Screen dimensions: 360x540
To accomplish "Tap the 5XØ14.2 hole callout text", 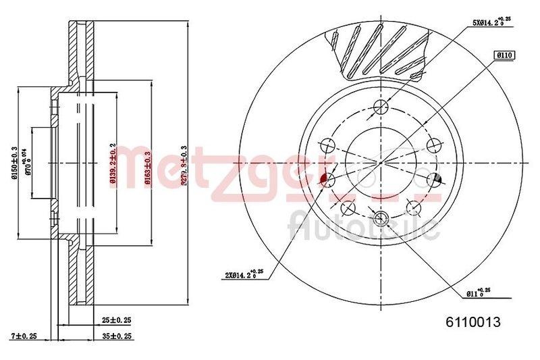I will coord(492,22).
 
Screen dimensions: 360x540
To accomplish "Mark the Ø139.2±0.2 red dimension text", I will coord(113,162).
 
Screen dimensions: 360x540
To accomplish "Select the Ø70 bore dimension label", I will coord(29,162).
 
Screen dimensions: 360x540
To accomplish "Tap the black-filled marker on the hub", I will coord(435,178).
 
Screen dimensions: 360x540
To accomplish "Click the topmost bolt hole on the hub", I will coord(380,107).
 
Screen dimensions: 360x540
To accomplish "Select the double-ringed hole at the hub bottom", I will coord(380,217).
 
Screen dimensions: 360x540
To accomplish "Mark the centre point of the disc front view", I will coord(380,162).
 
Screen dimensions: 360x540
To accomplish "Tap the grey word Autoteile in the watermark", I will coord(364,226).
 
